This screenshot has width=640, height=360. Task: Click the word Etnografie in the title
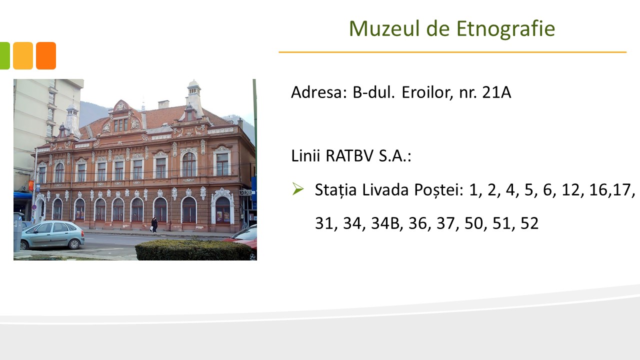[x=505, y=29]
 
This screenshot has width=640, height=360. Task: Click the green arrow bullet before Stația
[x=298, y=189]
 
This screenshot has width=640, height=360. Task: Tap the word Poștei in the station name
[x=438, y=189]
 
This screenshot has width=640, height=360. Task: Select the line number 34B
[x=385, y=223]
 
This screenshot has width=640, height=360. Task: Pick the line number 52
[x=529, y=223]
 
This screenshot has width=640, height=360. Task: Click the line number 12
[x=570, y=189]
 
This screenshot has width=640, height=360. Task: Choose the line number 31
[x=324, y=223]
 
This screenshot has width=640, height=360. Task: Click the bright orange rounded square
[x=46, y=55]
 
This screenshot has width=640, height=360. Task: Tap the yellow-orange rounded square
[x=23, y=55]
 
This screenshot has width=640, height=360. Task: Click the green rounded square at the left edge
[x=5, y=55]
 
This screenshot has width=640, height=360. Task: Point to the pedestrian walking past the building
[x=154, y=225]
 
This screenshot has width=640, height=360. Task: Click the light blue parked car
[x=52, y=235]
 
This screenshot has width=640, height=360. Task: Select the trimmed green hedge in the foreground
[x=193, y=249]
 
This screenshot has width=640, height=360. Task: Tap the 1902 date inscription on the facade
[x=189, y=130]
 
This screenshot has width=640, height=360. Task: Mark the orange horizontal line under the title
[x=452, y=52]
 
